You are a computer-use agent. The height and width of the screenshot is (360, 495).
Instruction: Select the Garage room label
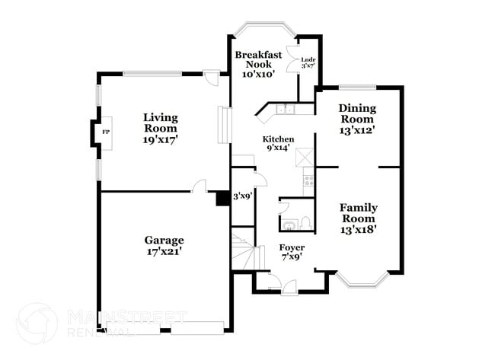pos(164,240)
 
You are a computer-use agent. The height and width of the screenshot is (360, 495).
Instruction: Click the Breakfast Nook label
pos(258,60)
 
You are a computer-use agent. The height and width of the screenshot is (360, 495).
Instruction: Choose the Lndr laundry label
pos(308,59)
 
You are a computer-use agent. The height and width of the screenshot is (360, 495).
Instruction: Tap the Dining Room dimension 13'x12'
pos(356,130)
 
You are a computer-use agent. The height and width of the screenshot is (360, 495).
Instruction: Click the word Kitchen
pos(278,139)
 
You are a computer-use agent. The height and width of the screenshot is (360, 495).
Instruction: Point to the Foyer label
pos(292,248)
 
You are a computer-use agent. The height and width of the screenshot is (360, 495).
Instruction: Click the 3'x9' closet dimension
pos(242,196)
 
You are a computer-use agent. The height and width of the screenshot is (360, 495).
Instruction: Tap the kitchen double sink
pos(286,110)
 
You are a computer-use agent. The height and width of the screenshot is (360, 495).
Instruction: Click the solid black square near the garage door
pos(222,197)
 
